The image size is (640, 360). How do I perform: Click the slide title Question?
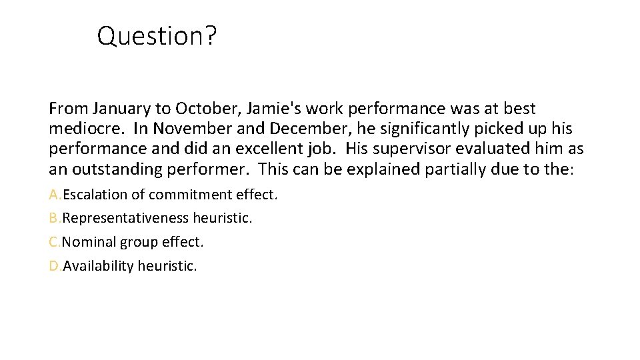pos(157,36)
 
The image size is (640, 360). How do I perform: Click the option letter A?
pos(54,195)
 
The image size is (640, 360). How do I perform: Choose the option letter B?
pos(54,218)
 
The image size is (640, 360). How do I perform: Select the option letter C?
pos(54,242)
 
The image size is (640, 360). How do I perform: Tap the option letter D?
pos(54,266)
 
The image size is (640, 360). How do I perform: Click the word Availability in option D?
pos(98,266)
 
